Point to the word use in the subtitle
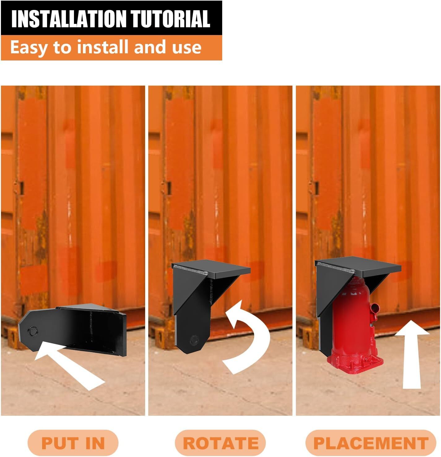tap(187, 48)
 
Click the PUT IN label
tap(73, 443)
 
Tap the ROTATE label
tap(220, 443)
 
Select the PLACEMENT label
tap(371, 443)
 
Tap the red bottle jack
tap(353, 322)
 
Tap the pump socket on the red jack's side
tap(374, 308)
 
